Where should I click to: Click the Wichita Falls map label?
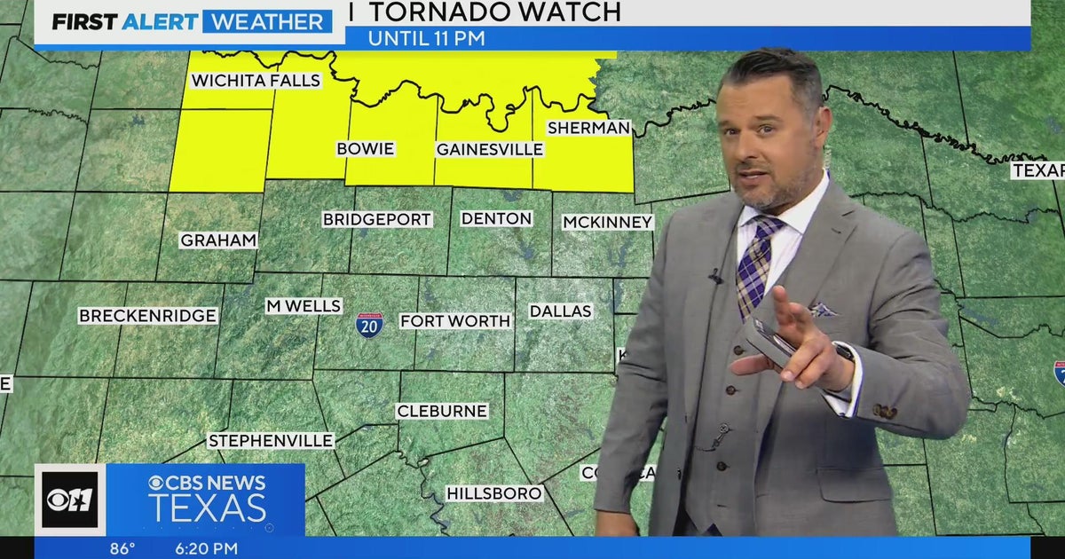coord(256,81)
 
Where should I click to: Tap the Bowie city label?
coord(365,148)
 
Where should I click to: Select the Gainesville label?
coord(489,149)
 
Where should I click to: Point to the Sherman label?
coord(588,128)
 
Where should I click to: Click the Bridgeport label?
coord(376,219)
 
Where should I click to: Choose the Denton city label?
coord(496,218)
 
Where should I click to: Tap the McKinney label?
coord(607,222)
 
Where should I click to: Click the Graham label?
coord(218,240)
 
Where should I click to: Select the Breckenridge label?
coord(147,316)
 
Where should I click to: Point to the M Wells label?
coord(304,306)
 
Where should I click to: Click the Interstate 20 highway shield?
coord(369,325)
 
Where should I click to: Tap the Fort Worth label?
coord(455,321)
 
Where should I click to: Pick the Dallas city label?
coord(560,311)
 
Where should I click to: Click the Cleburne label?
coord(441,411)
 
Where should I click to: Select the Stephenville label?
coord(271,441)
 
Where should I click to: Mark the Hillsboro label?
coord(493,493)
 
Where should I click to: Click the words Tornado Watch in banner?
coord(494,12)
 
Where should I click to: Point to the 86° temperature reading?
coord(122,548)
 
